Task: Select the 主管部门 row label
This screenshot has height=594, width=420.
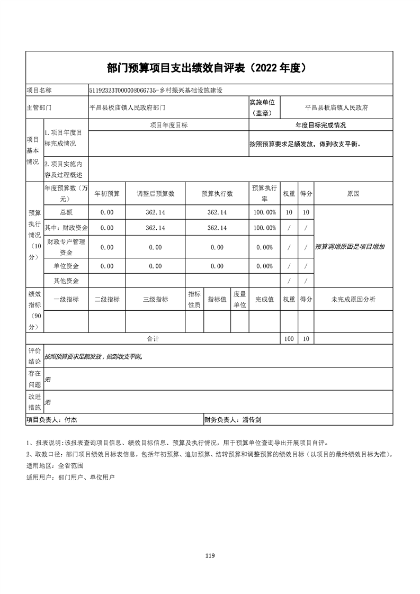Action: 39,107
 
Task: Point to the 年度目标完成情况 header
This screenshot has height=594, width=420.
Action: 320,125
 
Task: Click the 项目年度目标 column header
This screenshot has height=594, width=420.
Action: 168,125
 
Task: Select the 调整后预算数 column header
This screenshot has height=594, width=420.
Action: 155,194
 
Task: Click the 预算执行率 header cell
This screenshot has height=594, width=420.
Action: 264,194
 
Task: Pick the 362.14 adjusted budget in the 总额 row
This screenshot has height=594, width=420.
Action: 155,212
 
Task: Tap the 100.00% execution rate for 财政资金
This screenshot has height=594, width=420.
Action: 264,228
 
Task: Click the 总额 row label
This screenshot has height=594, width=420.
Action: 66,212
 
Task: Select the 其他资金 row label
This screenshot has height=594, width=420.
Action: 66,281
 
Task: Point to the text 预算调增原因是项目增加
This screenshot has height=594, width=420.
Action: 350,247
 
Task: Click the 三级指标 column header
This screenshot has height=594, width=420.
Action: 155,300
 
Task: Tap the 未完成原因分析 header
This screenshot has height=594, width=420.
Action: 353,300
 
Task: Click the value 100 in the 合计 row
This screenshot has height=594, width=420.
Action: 289,339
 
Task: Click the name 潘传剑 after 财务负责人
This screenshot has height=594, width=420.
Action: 252,420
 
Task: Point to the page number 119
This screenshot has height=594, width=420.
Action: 210,555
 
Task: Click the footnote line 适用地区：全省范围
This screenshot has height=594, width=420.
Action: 55,466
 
